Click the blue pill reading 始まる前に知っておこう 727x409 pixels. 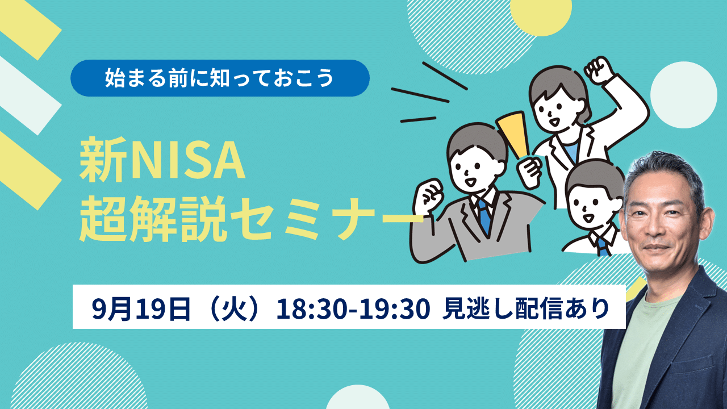(x=220, y=78)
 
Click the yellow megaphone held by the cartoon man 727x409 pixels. (x=513, y=133)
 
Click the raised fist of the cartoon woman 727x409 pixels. (x=599, y=70)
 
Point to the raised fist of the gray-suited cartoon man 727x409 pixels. (x=429, y=196)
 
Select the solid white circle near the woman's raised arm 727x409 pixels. (x=683, y=95)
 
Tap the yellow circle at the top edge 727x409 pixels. (x=541, y=14)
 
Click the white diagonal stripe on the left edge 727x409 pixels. (x=28, y=95)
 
